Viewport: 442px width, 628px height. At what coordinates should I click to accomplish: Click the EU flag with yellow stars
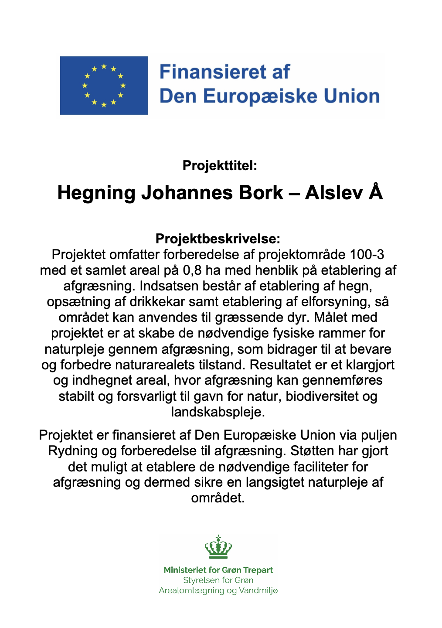click(x=104, y=85)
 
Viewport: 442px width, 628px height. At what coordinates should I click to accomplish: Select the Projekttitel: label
click(x=220, y=166)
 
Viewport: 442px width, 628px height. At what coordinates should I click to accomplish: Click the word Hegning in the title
click(x=96, y=193)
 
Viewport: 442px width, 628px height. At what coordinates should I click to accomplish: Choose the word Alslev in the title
click(x=333, y=193)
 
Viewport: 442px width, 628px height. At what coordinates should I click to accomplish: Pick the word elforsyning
click(x=330, y=302)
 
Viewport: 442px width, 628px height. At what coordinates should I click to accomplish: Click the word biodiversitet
click(x=322, y=396)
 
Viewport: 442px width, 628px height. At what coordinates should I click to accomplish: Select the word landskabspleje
click(x=217, y=412)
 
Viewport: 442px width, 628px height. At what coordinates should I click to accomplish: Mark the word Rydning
click(x=73, y=451)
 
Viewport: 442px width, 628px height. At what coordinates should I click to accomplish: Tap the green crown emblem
click(x=218, y=547)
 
